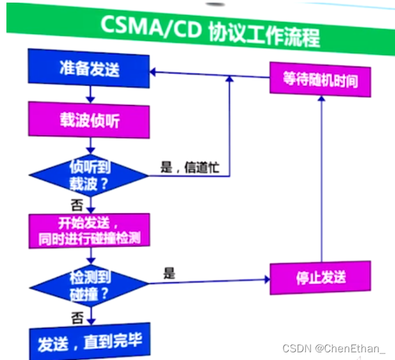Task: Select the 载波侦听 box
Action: coord(89,122)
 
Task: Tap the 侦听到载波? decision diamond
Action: coord(90,174)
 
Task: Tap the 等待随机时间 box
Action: coord(319,79)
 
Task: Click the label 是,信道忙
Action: coord(189,168)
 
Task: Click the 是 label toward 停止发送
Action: coord(169,272)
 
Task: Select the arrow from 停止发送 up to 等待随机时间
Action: coord(321,179)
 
